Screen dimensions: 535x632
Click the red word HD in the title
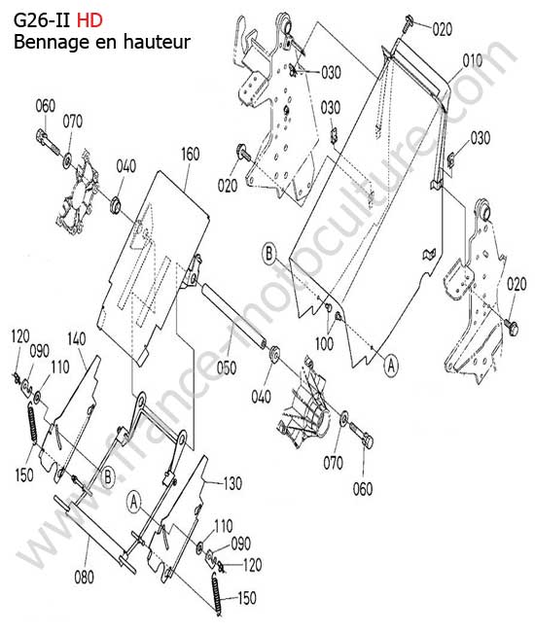coord(89,20)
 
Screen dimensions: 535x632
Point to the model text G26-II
coord(42,20)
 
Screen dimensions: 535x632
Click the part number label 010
coord(472,61)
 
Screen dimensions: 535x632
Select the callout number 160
coord(190,154)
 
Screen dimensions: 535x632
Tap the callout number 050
coord(227,368)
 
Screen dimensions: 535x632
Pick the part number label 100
coord(324,344)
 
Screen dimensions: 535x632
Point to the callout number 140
coord(76,339)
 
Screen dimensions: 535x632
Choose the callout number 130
coord(232,483)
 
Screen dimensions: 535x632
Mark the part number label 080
coord(84,578)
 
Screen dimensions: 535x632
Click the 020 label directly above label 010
coord(443,29)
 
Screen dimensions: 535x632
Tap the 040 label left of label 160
coord(125,166)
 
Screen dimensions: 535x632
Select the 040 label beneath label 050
coord(262,397)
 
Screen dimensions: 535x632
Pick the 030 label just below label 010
coord(481,138)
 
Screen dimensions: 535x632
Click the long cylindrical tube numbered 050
coord(233,315)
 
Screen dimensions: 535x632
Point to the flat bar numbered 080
coord(95,535)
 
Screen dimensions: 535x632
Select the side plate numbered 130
coord(177,520)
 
